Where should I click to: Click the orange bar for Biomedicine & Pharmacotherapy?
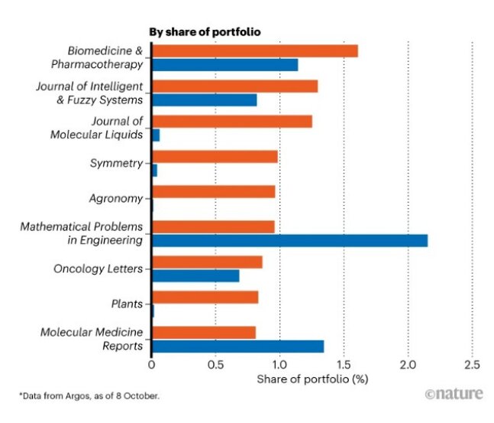pyautogui.click(x=255, y=51)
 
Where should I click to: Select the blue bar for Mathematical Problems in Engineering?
pyautogui.click(x=289, y=241)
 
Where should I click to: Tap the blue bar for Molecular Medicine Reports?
pyautogui.click(x=237, y=347)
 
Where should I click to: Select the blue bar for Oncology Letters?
pyautogui.click(x=195, y=275)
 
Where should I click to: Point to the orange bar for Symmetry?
pyautogui.click(x=215, y=157)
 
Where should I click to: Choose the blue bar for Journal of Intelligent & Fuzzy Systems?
pyautogui.click(x=205, y=100)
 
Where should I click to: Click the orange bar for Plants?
pyautogui.click(x=205, y=298)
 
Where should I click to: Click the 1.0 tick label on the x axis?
pyautogui.click(x=280, y=364)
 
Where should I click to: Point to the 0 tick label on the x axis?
pyautogui.click(x=152, y=364)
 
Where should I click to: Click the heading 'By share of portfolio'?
pyautogui.click(x=205, y=31)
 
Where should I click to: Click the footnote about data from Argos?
pyautogui.click(x=90, y=395)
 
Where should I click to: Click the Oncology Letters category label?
pyautogui.click(x=98, y=269)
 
